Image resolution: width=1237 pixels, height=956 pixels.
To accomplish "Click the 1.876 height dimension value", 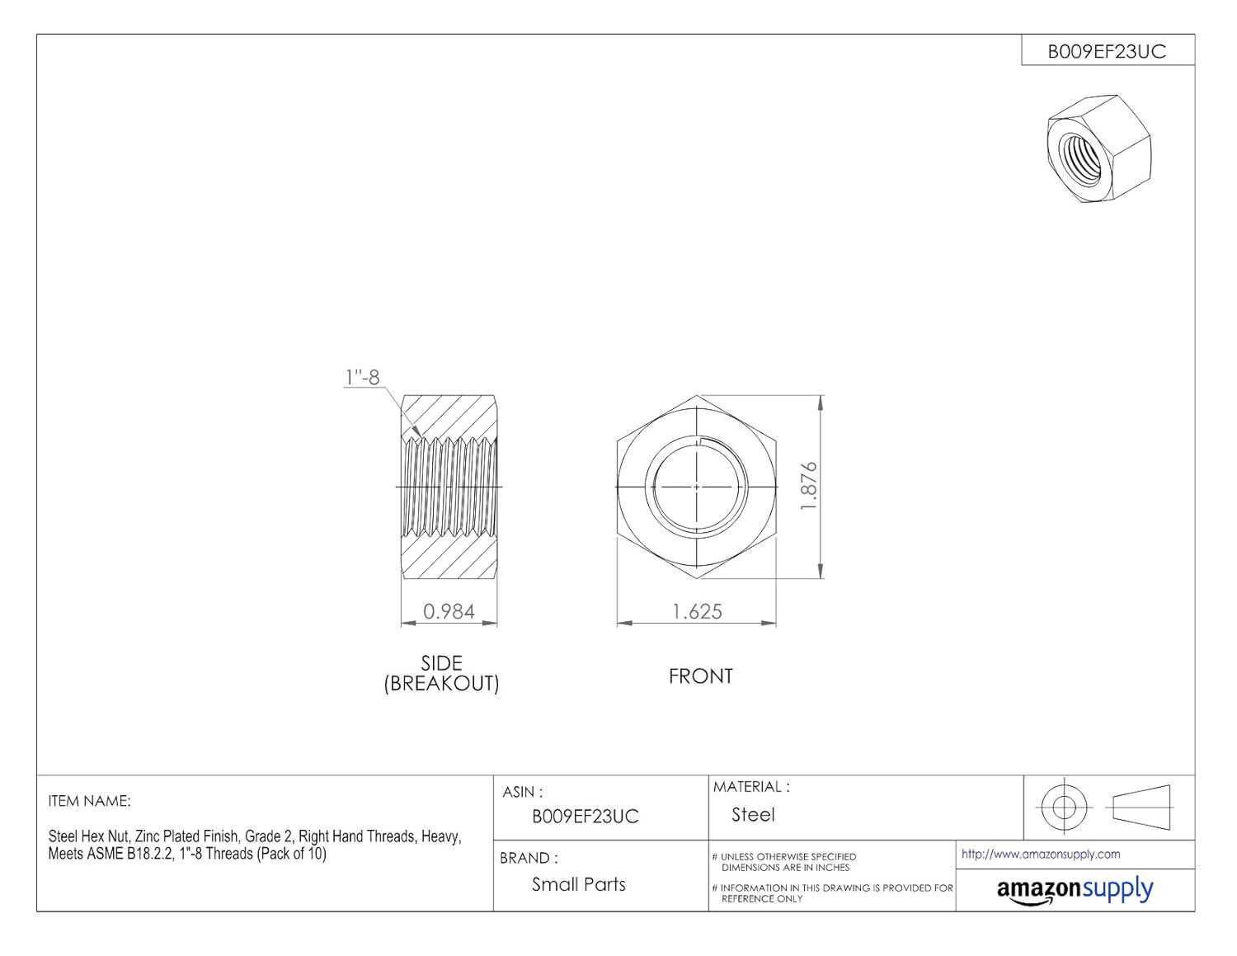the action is coord(808,487).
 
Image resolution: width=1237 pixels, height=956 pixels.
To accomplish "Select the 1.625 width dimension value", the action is coord(697,612).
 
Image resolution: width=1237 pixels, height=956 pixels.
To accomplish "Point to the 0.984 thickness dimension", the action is coord(449,611).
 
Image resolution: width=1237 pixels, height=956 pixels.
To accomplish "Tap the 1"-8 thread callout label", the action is coord(363,377).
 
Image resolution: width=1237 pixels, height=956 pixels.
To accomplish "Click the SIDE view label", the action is coord(441,663).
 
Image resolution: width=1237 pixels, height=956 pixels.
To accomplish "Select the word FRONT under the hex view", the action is coord(700,676).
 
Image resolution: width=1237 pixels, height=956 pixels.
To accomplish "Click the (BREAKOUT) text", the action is coord(441,684).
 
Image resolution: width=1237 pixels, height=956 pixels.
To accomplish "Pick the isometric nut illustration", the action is coord(1098,148).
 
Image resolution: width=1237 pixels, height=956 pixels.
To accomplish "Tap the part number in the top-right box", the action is coord(1107,52).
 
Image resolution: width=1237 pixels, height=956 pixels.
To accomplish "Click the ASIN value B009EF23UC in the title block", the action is coord(586,817).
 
